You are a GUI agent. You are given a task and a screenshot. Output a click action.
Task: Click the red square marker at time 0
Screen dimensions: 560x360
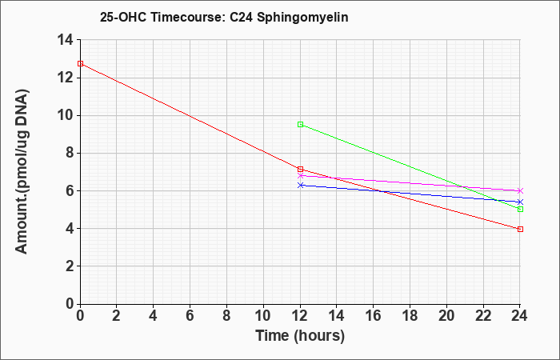coord(80,63)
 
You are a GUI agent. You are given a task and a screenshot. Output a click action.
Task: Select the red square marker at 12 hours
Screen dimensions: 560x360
coord(300,170)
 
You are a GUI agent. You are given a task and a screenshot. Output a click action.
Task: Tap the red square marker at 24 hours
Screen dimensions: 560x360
coord(520,229)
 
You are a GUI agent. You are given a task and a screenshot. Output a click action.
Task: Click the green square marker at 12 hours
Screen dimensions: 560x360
coord(300,124)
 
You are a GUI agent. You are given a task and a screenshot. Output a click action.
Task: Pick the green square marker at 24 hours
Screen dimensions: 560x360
coord(520,209)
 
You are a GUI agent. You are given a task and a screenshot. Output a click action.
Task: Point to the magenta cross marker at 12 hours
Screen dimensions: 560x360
coord(300,176)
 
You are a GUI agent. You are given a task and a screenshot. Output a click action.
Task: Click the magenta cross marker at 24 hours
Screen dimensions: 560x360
coord(520,190)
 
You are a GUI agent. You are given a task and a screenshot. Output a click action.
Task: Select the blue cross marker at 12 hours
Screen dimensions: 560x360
coord(300,185)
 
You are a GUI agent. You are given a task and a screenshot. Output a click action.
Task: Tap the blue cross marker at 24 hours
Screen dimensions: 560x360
coord(520,202)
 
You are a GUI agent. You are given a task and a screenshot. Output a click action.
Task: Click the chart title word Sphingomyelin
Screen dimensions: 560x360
coord(302,18)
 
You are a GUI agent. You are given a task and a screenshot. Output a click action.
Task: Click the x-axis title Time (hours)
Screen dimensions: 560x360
coord(300,336)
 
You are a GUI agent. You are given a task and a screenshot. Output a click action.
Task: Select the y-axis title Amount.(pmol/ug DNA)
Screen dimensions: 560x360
coord(22,171)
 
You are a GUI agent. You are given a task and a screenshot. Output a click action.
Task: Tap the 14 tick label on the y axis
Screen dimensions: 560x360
coord(66,40)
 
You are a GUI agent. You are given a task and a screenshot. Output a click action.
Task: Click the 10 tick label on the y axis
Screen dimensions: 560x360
coord(66,115)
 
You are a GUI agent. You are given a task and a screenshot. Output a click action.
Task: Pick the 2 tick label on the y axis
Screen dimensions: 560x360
coord(70,266)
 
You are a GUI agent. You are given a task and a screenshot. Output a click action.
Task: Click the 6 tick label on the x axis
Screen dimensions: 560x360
coord(190,316)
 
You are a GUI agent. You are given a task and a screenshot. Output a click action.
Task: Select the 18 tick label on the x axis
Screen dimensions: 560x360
coord(410,316)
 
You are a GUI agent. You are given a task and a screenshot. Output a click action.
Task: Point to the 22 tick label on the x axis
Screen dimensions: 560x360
coord(483,316)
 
